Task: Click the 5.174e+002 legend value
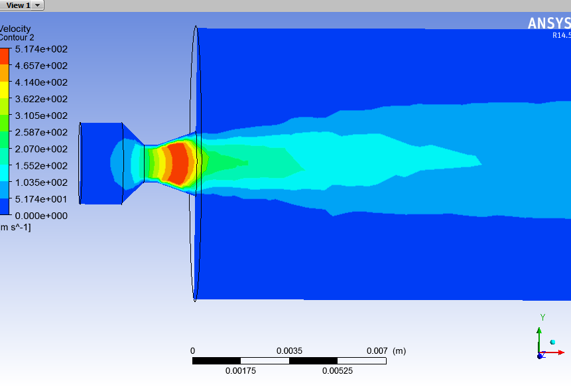tap(41, 49)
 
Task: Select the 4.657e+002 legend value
tap(41, 66)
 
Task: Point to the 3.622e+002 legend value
tap(41, 99)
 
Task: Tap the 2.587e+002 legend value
tap(41, 132)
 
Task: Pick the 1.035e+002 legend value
tap(41, 183)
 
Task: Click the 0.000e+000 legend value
tap(41, 216)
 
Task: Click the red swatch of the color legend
tap(5, 56)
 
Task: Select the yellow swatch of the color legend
tap(5, 90)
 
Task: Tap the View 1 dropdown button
tap(22, 5)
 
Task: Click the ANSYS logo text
tap(549, 24)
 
